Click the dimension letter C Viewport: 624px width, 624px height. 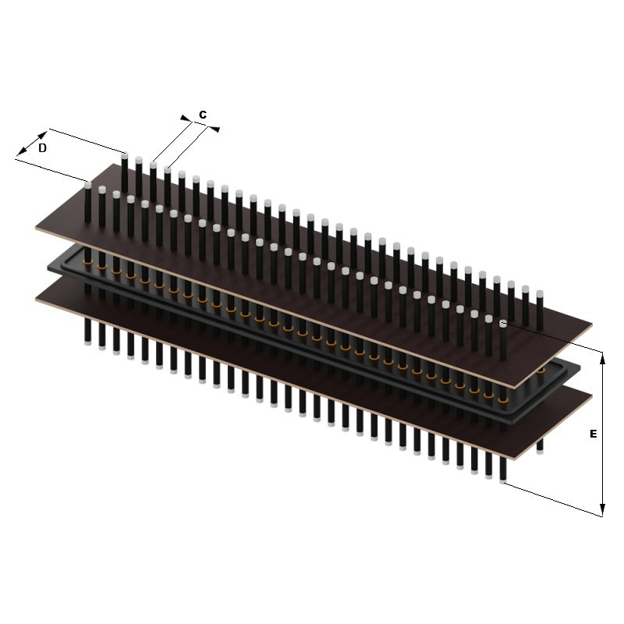[203, 115]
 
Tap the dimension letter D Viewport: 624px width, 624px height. [42, 148]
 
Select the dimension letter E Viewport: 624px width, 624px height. [593, 434]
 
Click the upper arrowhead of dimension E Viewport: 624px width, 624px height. [602, 358]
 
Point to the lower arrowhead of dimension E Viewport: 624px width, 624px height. [602, 510]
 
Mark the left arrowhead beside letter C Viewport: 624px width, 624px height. [186, 119]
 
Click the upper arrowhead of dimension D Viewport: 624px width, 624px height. [42, 135]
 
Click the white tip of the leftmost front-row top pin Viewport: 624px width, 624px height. [88, 185]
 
